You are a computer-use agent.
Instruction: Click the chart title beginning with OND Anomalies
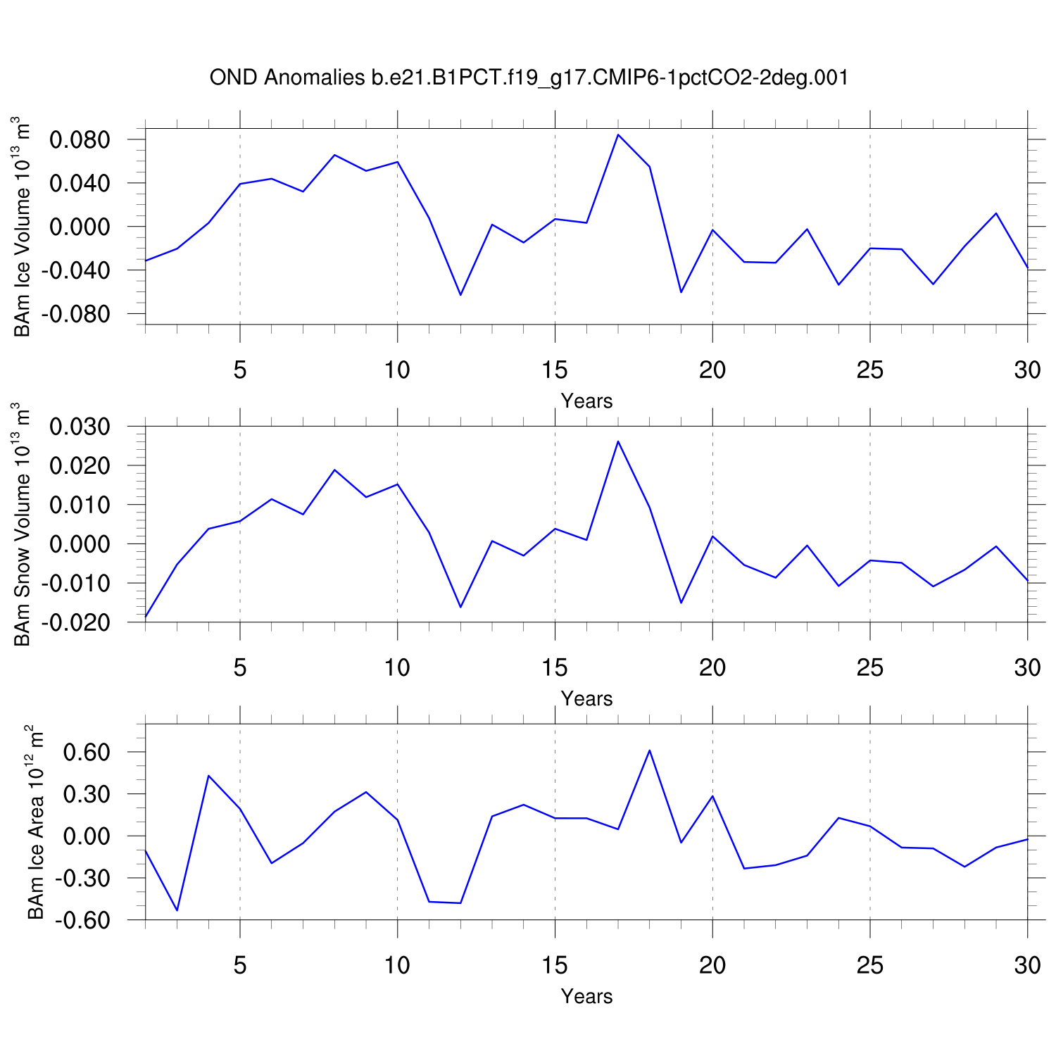529,77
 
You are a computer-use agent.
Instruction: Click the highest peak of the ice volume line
618,134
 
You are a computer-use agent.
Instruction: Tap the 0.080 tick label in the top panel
80,139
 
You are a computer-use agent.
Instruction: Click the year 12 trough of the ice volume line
460,295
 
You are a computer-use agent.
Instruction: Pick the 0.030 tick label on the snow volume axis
80,427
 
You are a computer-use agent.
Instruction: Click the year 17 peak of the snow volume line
618,441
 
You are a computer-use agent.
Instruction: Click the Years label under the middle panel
586,698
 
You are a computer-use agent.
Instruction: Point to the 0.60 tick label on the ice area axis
87,752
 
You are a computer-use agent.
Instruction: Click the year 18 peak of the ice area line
649,750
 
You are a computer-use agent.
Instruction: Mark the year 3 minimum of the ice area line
177,910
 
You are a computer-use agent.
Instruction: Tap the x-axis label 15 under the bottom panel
555,965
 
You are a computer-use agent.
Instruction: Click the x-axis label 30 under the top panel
1027,370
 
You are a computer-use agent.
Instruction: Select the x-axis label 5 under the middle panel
240,667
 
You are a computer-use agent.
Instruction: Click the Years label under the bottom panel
586,996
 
